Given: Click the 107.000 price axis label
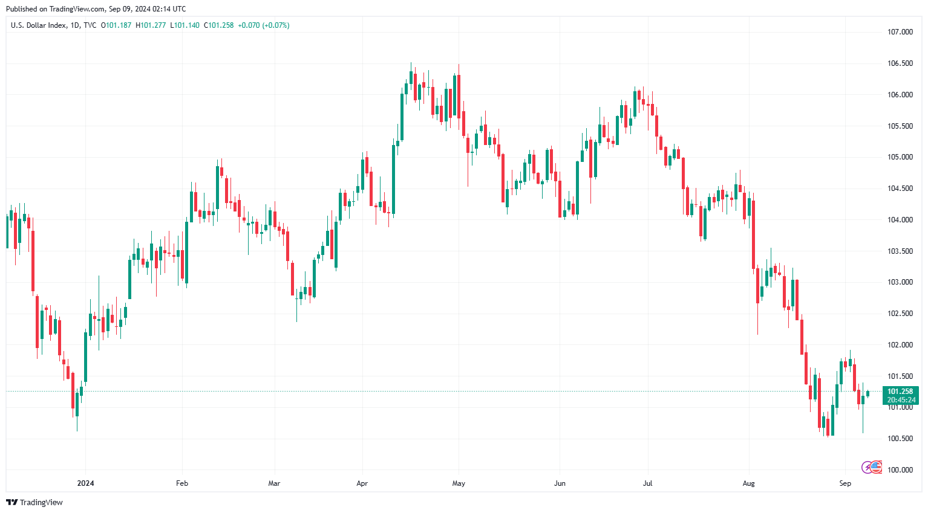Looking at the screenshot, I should (900, 32).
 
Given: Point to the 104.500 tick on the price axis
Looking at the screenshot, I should (900, 189).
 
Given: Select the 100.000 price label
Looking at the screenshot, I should (900, 470).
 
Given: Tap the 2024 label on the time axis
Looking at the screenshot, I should (85, 483).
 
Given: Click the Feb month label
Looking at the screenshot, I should (182, 483).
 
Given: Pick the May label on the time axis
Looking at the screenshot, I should (459, 483).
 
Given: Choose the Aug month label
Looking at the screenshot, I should (749, 483).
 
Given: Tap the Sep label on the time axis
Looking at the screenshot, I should (845, 483).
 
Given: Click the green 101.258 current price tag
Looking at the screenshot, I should (900, 392).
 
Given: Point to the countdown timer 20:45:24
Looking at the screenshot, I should (901, 400).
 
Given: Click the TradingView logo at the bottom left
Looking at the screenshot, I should (34, 502).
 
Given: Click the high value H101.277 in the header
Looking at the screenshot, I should (151, 25).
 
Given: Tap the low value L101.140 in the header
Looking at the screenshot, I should (185, 25).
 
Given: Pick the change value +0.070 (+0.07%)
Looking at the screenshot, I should (263, 25).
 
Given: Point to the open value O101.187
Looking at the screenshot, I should (116, 25).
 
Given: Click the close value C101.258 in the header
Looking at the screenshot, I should (218, 25).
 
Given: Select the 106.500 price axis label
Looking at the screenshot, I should (900, 63).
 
